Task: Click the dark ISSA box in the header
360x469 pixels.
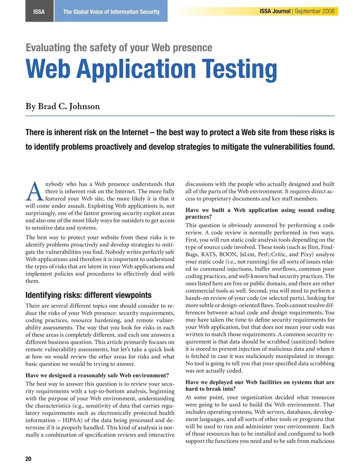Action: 39,12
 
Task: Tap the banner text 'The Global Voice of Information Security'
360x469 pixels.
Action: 111,12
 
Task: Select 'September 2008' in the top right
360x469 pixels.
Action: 315,11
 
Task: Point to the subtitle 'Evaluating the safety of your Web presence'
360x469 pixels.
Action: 119,48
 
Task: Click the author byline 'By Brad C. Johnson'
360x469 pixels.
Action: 63,106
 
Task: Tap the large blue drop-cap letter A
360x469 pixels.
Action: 34,192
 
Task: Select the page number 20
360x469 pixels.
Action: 28,459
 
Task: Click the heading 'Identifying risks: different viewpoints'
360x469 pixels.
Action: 88,295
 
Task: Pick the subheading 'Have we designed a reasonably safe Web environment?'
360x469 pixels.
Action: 97,375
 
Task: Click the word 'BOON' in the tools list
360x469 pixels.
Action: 228,254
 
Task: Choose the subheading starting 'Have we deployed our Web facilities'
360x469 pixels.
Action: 260,385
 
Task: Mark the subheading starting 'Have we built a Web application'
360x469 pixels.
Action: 260,213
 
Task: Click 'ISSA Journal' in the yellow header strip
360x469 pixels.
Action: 275,11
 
